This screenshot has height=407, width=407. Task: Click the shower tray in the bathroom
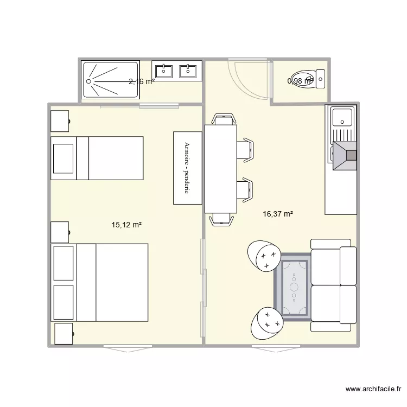[111, 80]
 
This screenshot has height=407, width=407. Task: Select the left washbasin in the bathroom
[164, 71]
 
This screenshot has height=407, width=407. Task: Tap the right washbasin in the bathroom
[188, 71]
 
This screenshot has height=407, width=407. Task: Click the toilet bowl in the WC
[303, 79]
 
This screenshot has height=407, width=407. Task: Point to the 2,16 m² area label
[142, 82]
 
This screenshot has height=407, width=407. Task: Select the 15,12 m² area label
[126, 224]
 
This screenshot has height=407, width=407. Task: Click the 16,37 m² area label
[277, 214]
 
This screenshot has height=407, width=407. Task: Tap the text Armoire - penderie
[187, 168]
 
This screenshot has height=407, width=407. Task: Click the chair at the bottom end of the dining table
[222, 218]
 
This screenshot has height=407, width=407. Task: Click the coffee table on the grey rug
[294, 287]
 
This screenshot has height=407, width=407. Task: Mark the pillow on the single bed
[63, 158]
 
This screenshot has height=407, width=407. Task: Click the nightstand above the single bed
[60, 120]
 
